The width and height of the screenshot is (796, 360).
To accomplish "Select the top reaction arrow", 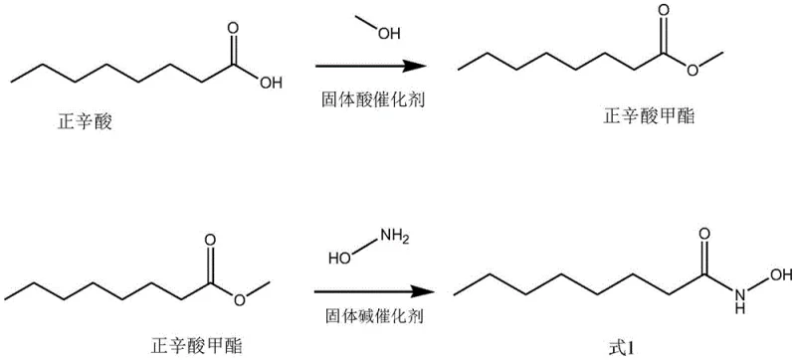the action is [x=364, y=67].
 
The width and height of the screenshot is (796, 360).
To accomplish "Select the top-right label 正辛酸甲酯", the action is [x=646, y=116].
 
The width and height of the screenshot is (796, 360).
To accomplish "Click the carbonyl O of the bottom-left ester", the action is [x=211, y=240].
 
